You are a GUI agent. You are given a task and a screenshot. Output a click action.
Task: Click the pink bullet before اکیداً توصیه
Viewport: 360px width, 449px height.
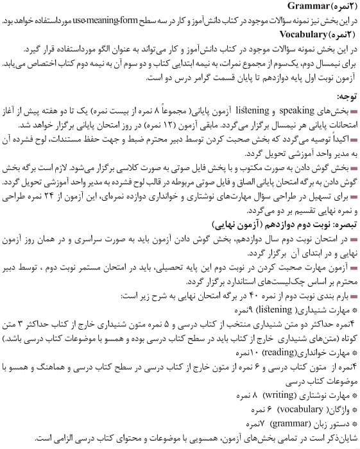click(352, 140)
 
